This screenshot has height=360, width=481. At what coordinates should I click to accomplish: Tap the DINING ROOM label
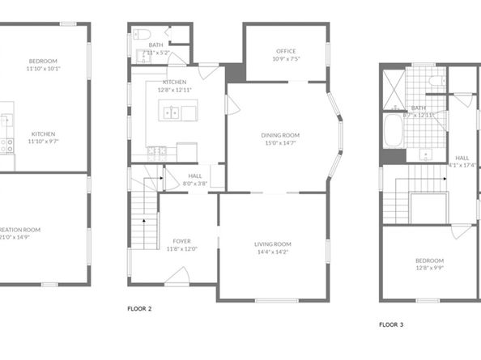point(280,134)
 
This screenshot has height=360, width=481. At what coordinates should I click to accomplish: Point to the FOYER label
point(182,240)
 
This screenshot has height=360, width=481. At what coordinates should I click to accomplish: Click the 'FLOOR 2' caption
point(140,308)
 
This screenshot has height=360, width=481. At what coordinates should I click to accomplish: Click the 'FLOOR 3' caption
point(391,324)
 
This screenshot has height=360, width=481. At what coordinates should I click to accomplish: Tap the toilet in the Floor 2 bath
point(140,34)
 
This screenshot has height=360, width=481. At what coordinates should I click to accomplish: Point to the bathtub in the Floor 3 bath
point(391,131)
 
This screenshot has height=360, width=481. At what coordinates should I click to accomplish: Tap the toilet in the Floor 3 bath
point(436,81)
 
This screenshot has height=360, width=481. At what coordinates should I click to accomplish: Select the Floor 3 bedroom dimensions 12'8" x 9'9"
point(429,268)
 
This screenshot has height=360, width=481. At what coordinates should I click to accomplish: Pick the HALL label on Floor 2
point(196,175)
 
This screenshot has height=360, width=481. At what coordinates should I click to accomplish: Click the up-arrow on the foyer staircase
point(144,219)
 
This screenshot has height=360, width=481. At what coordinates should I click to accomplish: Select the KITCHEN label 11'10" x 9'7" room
point(42,133)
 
